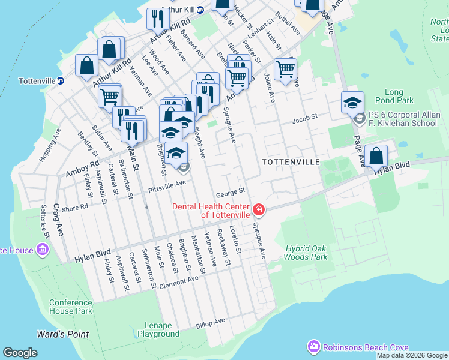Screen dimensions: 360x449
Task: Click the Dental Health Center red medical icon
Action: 259,209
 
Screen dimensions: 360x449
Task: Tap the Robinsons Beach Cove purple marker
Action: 313,346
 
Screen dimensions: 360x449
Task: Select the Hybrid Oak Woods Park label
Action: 306,253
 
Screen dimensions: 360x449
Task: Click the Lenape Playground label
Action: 158,329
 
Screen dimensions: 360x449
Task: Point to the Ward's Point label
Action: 62,334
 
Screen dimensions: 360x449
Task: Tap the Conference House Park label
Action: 71,307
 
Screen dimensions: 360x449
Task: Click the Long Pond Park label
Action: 393,97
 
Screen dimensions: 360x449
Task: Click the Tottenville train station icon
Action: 61,80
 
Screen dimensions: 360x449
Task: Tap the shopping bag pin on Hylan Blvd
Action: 376,156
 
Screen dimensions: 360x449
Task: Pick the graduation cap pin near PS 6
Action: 352,102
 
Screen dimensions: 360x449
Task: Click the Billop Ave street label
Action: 210,323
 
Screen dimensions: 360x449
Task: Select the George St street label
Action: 231,192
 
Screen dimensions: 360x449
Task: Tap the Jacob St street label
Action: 304,120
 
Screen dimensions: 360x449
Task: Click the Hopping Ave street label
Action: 50,145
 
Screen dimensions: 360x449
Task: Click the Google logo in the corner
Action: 20,353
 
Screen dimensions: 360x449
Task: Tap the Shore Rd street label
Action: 75,208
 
